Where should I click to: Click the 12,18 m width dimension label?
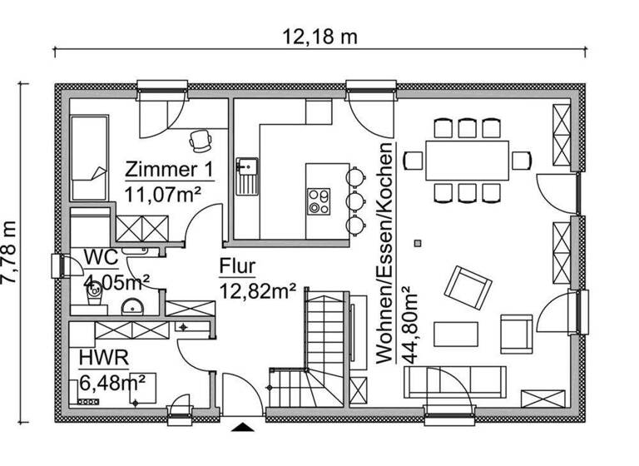point(319,36)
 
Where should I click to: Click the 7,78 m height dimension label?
point(11,252)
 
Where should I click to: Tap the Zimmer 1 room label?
point(169,170)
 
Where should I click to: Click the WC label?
point(99,257)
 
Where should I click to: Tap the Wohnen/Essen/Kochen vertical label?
point(385,250)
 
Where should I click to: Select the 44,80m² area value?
point(409,324)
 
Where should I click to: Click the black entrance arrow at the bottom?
point(242,428)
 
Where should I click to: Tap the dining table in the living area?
point(468,160)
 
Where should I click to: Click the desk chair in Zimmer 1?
point(201,139)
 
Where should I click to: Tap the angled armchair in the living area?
point(468,286)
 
